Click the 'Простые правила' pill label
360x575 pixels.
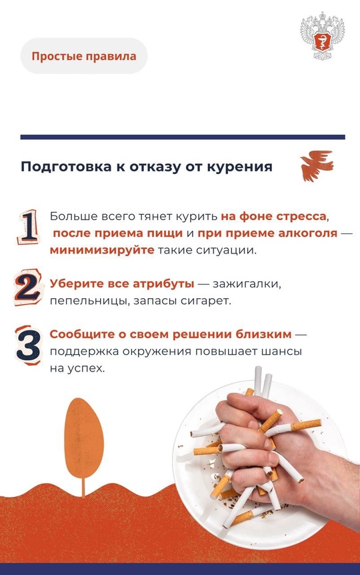pyautogui.click(x=84, y=56)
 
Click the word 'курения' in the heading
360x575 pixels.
pyautogui.click(x=244, y=167)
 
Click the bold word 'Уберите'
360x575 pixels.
pyautogui.click(x=73, y=284)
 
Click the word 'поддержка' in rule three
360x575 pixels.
pyautogui.click(x=81, y=351)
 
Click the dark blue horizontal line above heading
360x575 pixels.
pyautogui.click(x=183, y=137)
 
